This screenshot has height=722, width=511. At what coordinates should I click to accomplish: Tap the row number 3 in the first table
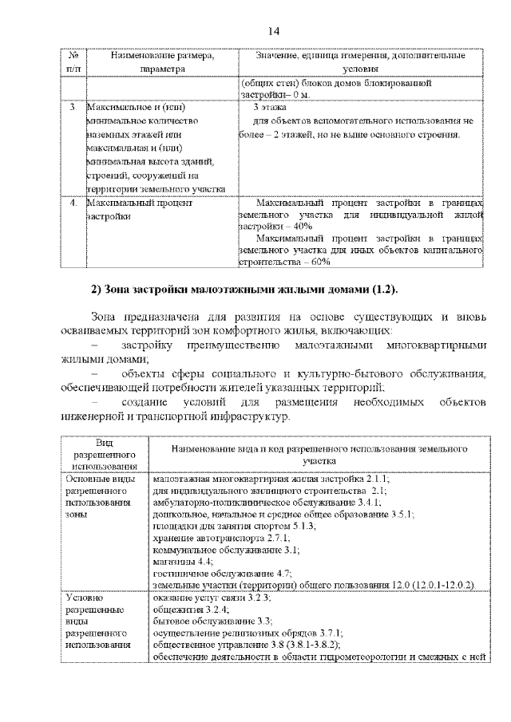tap(73, 106)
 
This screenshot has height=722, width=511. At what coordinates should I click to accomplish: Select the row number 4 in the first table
tap(73, 203)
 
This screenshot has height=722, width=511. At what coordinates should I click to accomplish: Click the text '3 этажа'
tap(269, 106)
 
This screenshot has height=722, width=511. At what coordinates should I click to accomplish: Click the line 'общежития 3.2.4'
tap(186, 608)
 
